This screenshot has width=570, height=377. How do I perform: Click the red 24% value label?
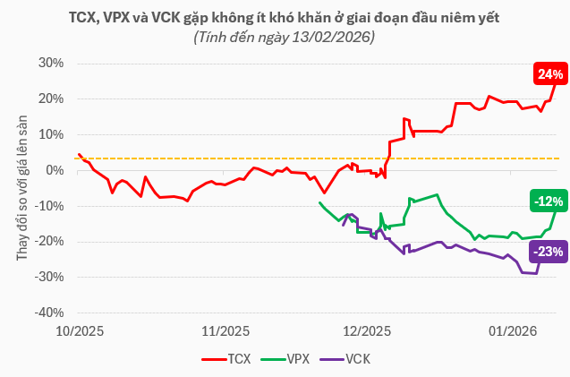(549, 73)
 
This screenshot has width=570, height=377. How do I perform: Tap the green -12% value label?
(547, 201)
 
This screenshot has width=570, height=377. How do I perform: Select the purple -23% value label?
(547, 252)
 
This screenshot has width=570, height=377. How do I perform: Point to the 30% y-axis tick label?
(52, 64)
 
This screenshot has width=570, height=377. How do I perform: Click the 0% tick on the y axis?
(55, 170)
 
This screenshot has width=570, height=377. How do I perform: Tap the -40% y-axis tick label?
(50, 313)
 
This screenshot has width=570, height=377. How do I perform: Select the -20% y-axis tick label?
(50, 242)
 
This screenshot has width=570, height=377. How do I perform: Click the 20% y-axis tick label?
(52, 99)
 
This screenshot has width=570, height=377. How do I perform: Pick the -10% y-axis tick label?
(50, 206)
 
